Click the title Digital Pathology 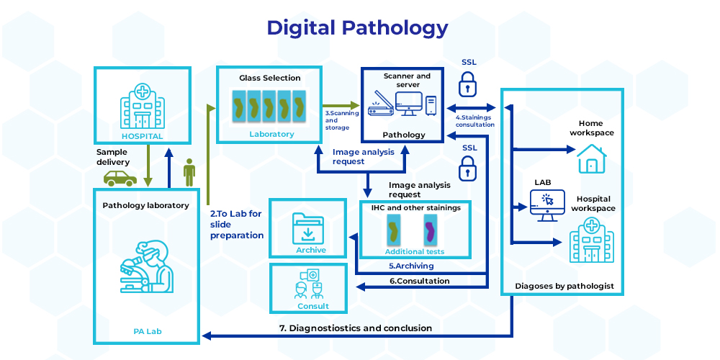pyautogui.click(x=357, y=28)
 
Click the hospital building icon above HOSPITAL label pyautogui.click(x=143, y=107)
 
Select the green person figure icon pyautogui.click(x=189, y=173)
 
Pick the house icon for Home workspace pyautogui.click(x=593, y=158)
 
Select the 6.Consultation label pyautogui.click(x=419, y=281)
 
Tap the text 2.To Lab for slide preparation pyautogui.click(x=237, y=225)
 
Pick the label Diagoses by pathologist pyautogui.click(x=564, y=286)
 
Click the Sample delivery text pyautogui.click(x=113, y=158)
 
